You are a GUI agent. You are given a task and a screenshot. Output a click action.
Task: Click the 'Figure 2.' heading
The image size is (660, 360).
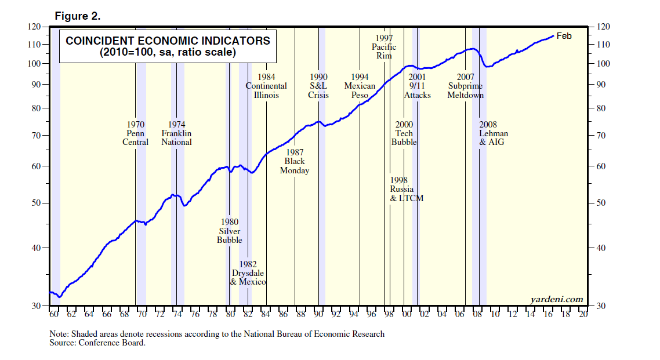point(78,16)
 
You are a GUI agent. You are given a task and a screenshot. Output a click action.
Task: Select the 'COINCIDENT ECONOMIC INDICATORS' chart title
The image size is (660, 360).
point(168,41)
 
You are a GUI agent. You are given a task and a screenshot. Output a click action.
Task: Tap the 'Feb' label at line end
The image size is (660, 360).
point(564,36)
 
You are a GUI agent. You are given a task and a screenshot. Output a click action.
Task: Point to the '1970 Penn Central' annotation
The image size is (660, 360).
point(135,133)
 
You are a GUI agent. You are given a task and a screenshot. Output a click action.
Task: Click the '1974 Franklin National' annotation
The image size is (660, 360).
point(176,133)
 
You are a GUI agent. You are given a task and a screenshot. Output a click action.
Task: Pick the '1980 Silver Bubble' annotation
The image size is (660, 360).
point(229,231)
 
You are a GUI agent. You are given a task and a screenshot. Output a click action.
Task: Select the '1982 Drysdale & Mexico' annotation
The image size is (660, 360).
point(248,272)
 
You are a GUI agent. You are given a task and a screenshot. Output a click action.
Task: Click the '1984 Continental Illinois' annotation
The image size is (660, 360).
point(266,86)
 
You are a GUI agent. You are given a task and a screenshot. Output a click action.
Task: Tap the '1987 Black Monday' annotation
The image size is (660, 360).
point(294,161)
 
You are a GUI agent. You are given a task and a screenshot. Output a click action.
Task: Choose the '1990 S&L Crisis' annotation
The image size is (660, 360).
point(318,86)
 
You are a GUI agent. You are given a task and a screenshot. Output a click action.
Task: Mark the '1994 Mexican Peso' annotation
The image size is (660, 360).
point(360,86)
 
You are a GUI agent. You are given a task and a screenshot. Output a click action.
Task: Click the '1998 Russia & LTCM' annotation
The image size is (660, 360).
point(406,189)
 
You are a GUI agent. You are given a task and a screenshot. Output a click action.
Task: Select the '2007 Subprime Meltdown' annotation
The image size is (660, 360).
point(465,86)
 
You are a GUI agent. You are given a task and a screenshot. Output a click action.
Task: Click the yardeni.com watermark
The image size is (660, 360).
point(556,299)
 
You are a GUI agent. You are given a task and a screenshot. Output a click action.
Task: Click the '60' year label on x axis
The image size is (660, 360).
point(54,314)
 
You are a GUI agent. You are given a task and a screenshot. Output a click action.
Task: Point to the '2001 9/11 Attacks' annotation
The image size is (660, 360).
point(417,86)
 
